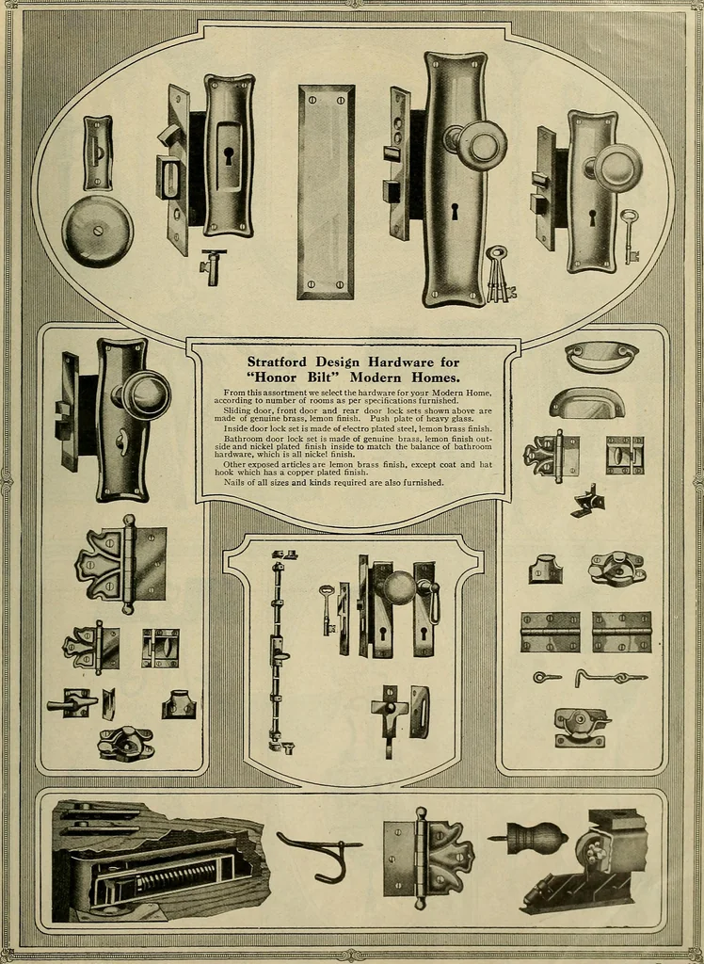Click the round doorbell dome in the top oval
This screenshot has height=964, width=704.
[x=97, y=232]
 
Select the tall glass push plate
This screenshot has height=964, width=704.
[x=326, y=192]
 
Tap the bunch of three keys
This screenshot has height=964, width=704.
[x=499, y=274]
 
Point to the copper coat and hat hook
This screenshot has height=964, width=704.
[x=318, y=854]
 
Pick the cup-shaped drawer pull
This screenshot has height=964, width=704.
[x=586, y=403]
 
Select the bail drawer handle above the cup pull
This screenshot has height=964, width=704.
[x=602, y=357]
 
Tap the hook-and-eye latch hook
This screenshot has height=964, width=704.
[x=611, y=678]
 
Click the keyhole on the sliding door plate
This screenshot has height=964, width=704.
[x=228, y=153]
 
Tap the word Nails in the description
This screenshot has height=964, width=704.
[x=235, y=483]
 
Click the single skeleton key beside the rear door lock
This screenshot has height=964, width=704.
[x=629, y=236]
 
